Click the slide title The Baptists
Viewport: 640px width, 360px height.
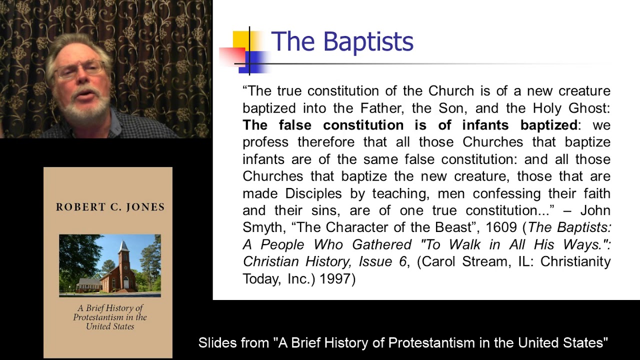coord(342,41)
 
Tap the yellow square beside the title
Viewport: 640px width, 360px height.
coord(241,40)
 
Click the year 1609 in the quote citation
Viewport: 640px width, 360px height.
coord(501,227)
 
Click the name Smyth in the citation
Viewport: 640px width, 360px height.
coord(262,227)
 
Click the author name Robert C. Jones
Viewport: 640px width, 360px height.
coord(110,207)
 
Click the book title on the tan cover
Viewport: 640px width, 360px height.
coord(110,317)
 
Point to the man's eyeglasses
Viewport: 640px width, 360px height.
coord(80,69)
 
